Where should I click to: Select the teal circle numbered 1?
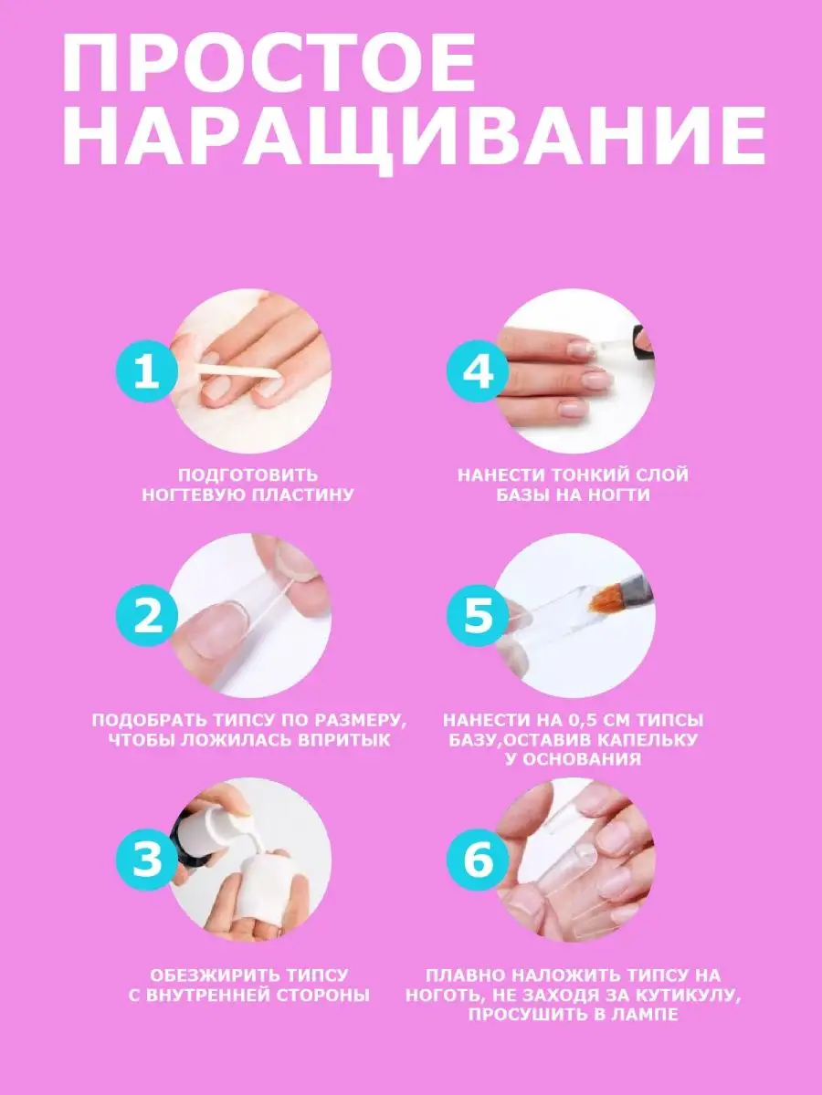(147, 371)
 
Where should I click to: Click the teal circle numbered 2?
(147, 616)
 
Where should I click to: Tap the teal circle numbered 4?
(478, 371)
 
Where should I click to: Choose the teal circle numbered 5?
(478, 616)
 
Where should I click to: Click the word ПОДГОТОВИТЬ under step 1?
(248, 474)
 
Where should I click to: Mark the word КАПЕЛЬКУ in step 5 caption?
(647, 739)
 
